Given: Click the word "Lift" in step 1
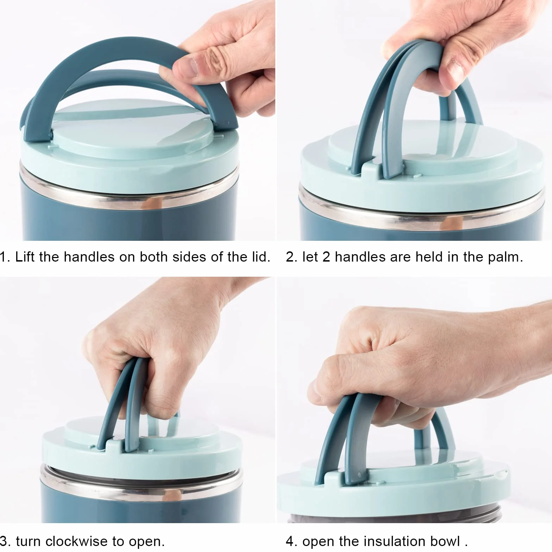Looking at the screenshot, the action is pos(25,257).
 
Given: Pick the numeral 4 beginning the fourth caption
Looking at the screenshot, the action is pos(290,541).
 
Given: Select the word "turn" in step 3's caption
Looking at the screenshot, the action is pos(29,541).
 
